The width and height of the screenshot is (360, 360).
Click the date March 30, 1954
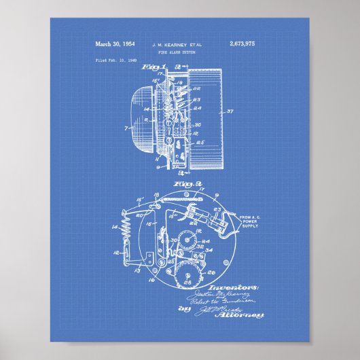[x=115, y=44]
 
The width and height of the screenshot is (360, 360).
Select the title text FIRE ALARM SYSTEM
[x=180, y=52]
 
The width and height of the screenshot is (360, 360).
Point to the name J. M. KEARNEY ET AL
[x=180, y=44]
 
